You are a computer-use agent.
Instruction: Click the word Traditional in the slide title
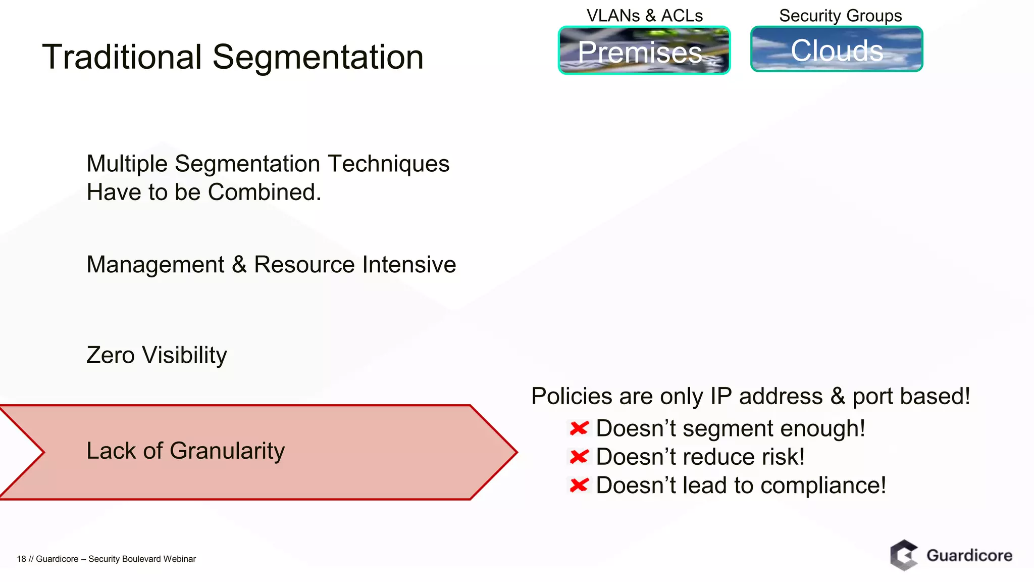pyautogui.click(x=122, y=57)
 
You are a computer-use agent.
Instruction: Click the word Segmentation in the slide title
pyautogui.click(x=318, y=58)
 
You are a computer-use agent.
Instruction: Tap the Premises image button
pyautogui.click(x=644, y=51)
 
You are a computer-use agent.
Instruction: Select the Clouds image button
pyautogui.click(x=836, y=50)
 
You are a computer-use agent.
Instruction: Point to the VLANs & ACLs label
pyautogui.click(x=644, y=16)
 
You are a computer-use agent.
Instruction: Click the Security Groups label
pyautogui.click(x=840, y=16)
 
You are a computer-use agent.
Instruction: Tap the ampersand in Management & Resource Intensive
pyautogui.click(x=239, y=264)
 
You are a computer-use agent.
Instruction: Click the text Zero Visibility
pyautogui.click(x=157, y=355)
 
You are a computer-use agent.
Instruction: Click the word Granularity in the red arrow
pyautogui.click(x=227, y=451)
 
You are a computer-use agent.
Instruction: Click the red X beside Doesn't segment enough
pyautogui.click(x=579, y=428)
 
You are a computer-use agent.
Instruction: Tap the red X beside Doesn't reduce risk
pyautogui.click(x=579, y=457)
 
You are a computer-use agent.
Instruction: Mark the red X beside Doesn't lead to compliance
pyautogui.click(x=579, y=486)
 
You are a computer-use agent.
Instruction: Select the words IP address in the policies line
pyautogui.click(x=766, y=396)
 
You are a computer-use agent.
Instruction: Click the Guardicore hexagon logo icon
pyautogui.click(x=904, y=555)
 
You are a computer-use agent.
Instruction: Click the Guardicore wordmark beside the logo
pyautogui.click(x=969, y=555)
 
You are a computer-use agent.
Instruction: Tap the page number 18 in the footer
pyautogui.click(x=21, y=559)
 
